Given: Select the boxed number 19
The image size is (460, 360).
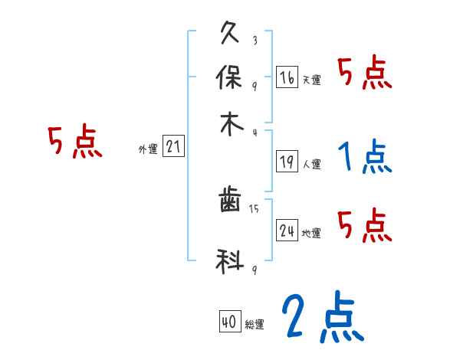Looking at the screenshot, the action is pyautogui.click(x=287, y=161).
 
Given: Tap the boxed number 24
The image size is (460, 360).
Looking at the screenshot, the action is pyautogui.click(x=287, y=230).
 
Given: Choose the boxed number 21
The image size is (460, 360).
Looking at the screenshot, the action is pyautogui.click(x=173, y=147).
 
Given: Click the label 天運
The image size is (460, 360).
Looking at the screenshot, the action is pyautogui.click(x=311, y=80).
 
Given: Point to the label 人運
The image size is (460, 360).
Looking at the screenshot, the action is pyautogui.click(x=311, y=164).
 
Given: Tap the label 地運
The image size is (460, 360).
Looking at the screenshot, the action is pyautogui.click(x=311, y=233).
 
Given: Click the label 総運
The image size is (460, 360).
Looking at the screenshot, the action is pyautogui.click(x=254, y=325).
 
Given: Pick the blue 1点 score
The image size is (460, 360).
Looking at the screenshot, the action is pyautogui.click(x=365, y=158).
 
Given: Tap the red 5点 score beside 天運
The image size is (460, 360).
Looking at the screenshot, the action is pyautogui.click(x=365, y=74).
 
